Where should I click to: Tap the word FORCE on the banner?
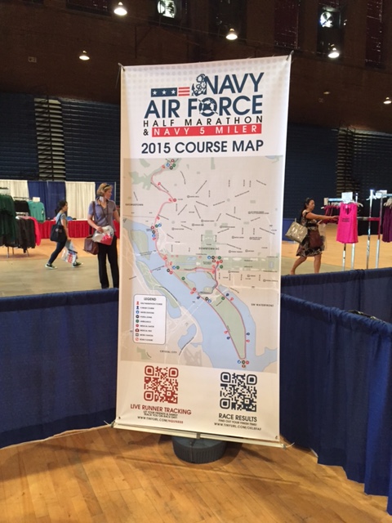point(229,107)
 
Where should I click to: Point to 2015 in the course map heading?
point(159,148)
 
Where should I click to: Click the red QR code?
point(161,383)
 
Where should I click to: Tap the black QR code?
point(238,391)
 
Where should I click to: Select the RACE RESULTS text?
point(238,414)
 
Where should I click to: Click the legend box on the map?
point(150,319)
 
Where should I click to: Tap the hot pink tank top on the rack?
point(347,222)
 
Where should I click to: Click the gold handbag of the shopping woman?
point(296,232)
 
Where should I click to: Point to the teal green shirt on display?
point(38,211)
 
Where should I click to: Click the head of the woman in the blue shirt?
point(105,191)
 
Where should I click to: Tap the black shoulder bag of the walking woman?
point(57,233)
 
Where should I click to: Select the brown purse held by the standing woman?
point(91,244)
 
